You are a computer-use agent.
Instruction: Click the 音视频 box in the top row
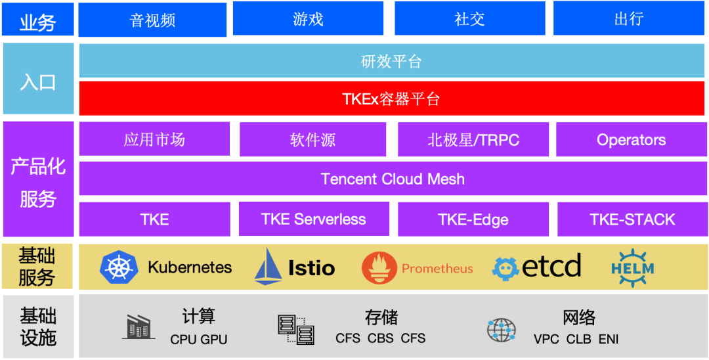(x=152, y=19)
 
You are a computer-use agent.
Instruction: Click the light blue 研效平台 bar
(x=392, y=61)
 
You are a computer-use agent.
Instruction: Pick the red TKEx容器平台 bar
(x=392, y=99)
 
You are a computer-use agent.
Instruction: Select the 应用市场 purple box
(x=154, y=139)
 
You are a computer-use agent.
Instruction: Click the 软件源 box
(x=312, y=139)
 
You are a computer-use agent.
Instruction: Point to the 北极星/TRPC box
(x=473, y=139)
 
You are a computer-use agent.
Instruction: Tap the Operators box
(x=631, y=139)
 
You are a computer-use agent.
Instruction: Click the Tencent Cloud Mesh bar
(x=392, y=179)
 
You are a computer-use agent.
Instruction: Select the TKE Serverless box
(x=313, y=219)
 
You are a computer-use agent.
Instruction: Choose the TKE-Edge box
(x=473, y=219)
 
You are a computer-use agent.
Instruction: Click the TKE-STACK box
(x=632, y=219)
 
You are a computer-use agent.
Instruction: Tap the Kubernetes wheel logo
(x=119, y=267)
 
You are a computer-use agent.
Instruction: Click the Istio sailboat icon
(x=268, y=267)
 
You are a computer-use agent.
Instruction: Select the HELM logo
(x=632, y=267)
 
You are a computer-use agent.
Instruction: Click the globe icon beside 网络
(x=502, y=329)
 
